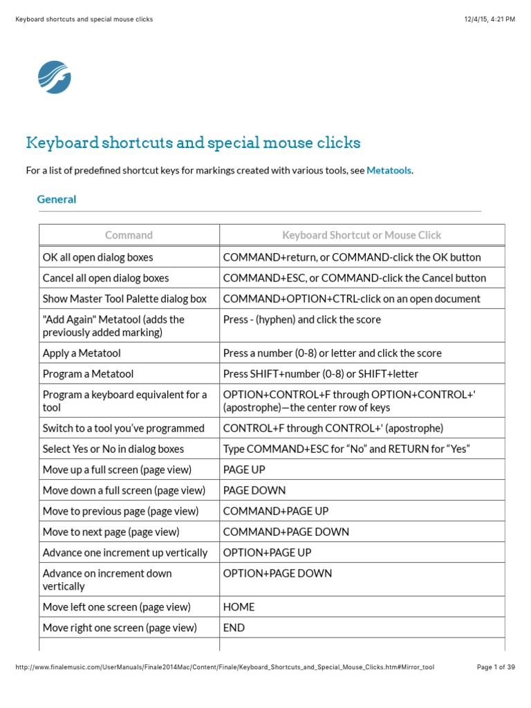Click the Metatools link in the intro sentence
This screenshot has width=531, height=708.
click(389, 170)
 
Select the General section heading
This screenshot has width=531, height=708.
click(57, 199)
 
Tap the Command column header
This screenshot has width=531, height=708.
click(129, 235)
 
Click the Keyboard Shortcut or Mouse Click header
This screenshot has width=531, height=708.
click(362, 235)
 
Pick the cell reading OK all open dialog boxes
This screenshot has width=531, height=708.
click(97, 257)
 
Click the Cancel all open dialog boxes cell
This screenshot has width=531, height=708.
click(106, 278)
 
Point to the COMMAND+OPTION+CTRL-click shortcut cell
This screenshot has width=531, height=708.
click(351, 299)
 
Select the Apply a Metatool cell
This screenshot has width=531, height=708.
click(82, 353)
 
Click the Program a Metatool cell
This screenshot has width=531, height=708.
click(88, 374)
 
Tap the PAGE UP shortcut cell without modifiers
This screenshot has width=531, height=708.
click(244, 469)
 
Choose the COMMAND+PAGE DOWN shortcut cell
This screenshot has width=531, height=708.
click(286, 532)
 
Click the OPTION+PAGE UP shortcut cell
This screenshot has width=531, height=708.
click(267, 552)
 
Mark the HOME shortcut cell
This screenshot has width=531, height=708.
click(239, 607)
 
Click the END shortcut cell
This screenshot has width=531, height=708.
click(234, 628)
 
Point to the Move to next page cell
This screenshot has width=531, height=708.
click(111, 532)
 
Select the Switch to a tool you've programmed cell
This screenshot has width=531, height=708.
click(123, 428)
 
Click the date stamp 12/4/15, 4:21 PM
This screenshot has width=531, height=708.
click(490, 19)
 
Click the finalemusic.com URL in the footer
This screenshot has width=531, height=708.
click(224, 667)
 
